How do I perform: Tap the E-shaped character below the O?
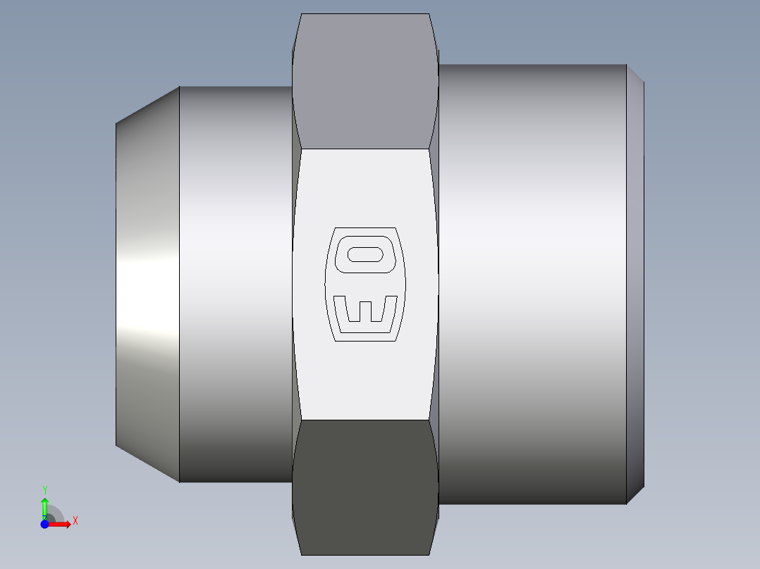365,312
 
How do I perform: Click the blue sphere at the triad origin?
44,524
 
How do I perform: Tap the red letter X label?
75,521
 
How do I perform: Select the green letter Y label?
44,489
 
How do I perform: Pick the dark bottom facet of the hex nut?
365,486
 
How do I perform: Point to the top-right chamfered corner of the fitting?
635,73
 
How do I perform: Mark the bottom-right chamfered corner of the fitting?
635,496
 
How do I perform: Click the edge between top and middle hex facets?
365,149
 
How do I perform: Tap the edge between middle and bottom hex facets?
365,420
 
